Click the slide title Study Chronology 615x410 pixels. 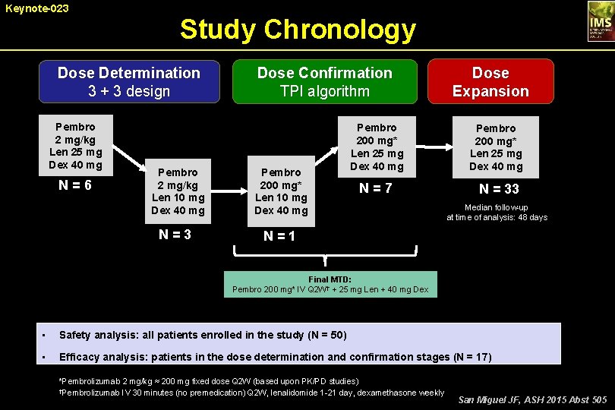coord(298,30)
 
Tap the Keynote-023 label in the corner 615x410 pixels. coord(35,8)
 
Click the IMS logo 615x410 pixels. coord(599,21)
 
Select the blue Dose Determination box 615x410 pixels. coord(129,81)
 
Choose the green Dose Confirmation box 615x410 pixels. coord(324,81)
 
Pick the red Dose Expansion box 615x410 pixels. coord(490,81)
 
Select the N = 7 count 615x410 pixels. coord(377,188)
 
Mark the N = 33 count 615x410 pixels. coord(499,188)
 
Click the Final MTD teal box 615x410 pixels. coord(330,284)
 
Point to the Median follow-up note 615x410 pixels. coord(497,212)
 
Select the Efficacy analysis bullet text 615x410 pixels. coord(275,357)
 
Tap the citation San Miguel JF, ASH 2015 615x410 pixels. coord(532,399)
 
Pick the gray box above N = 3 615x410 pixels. coord(178,191)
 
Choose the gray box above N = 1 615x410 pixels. coord(281,191)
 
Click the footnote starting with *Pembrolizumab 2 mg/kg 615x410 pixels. coord(209,380)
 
